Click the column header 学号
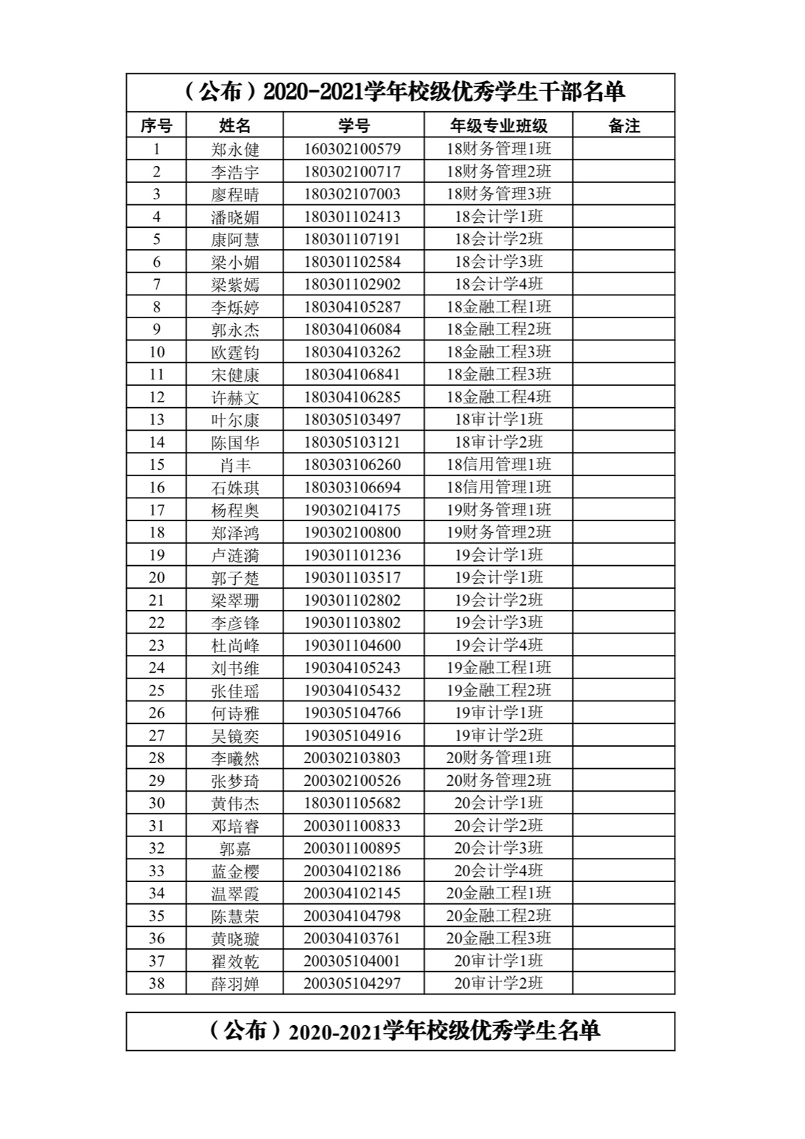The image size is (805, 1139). [x=353, y=126]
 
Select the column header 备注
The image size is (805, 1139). [x=623, y=126]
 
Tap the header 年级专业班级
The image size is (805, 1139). [x=498, y=126]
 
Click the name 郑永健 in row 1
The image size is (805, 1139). [x=235, y=149]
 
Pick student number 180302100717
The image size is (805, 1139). [x=353, y=172]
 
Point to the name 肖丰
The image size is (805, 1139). [x=235, y=465]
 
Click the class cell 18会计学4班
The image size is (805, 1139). [x=498, y=284]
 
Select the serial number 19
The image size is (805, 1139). [x=156, y=555]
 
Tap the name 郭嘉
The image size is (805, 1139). [x=235, y=849]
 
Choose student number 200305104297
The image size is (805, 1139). [x=353, y=984]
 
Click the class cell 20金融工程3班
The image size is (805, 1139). [x=498, y=938]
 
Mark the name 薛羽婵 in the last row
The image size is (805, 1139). [x=235, y=984]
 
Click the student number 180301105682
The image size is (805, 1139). [x=353, y=803]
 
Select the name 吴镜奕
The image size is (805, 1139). [x=235, y=735]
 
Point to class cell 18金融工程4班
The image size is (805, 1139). [x=498, y=397]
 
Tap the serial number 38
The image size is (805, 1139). [x=156, y=984]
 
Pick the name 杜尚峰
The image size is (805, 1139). [x=235, y=646]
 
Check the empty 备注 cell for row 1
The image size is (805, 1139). [x=623, y=149]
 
